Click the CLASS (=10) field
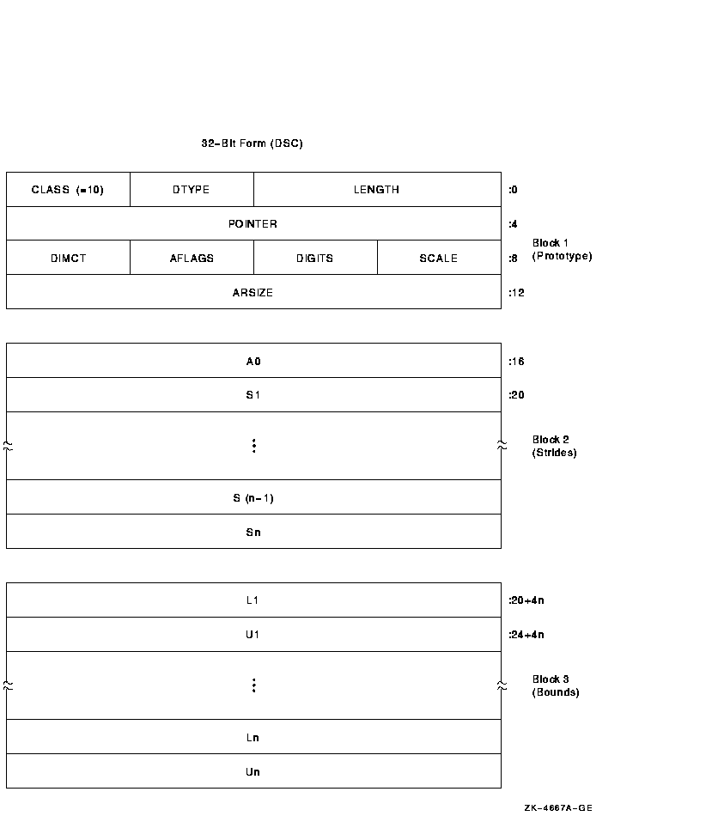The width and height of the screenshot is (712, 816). pyautogui.click(x=68, y=190)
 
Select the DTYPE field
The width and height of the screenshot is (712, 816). pyautogui.click(x=192, y=190)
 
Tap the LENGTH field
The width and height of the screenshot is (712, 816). pyautogui.click(x=377, y=190)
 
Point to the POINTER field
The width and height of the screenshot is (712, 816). pyautogui.click(x=253, y=224)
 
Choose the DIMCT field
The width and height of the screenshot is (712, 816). pyautogui.click(x=68, y=258)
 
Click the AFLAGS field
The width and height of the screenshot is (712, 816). pyautogui.click(x=192, y=258)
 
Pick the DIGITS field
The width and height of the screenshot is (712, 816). pyautogui.click(x=315, y=258)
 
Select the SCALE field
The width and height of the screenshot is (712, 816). pyautogui.click(x=439, y=258)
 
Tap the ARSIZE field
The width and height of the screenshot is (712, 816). pyautogui.click(x=253, y=292)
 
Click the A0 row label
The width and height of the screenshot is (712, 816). pyautogui.click(x=253, y=361)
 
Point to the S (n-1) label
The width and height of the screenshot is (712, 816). pyautogui.click(x=253, y=498)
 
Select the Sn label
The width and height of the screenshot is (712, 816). pyautogui.click(x=253, y=533)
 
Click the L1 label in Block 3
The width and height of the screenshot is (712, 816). pyautogui.click(x=253, y=600)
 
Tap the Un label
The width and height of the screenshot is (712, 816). pyautogui.click(x=253, y=772)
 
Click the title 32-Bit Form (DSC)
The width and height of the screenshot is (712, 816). pyautogui.click(x=252, y=143)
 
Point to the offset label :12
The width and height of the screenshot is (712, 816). pyautogui.click(x=516, y=292)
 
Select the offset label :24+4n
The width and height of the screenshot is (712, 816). pyautogui.click(x=526, y=635)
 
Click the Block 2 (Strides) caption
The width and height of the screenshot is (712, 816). pyautogui.click(x=554, y=446)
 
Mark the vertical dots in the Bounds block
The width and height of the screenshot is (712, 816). pyautogui.click(x=254, y=685)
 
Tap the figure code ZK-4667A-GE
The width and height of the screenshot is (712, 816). pyautogui.click(x=558, y=807)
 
